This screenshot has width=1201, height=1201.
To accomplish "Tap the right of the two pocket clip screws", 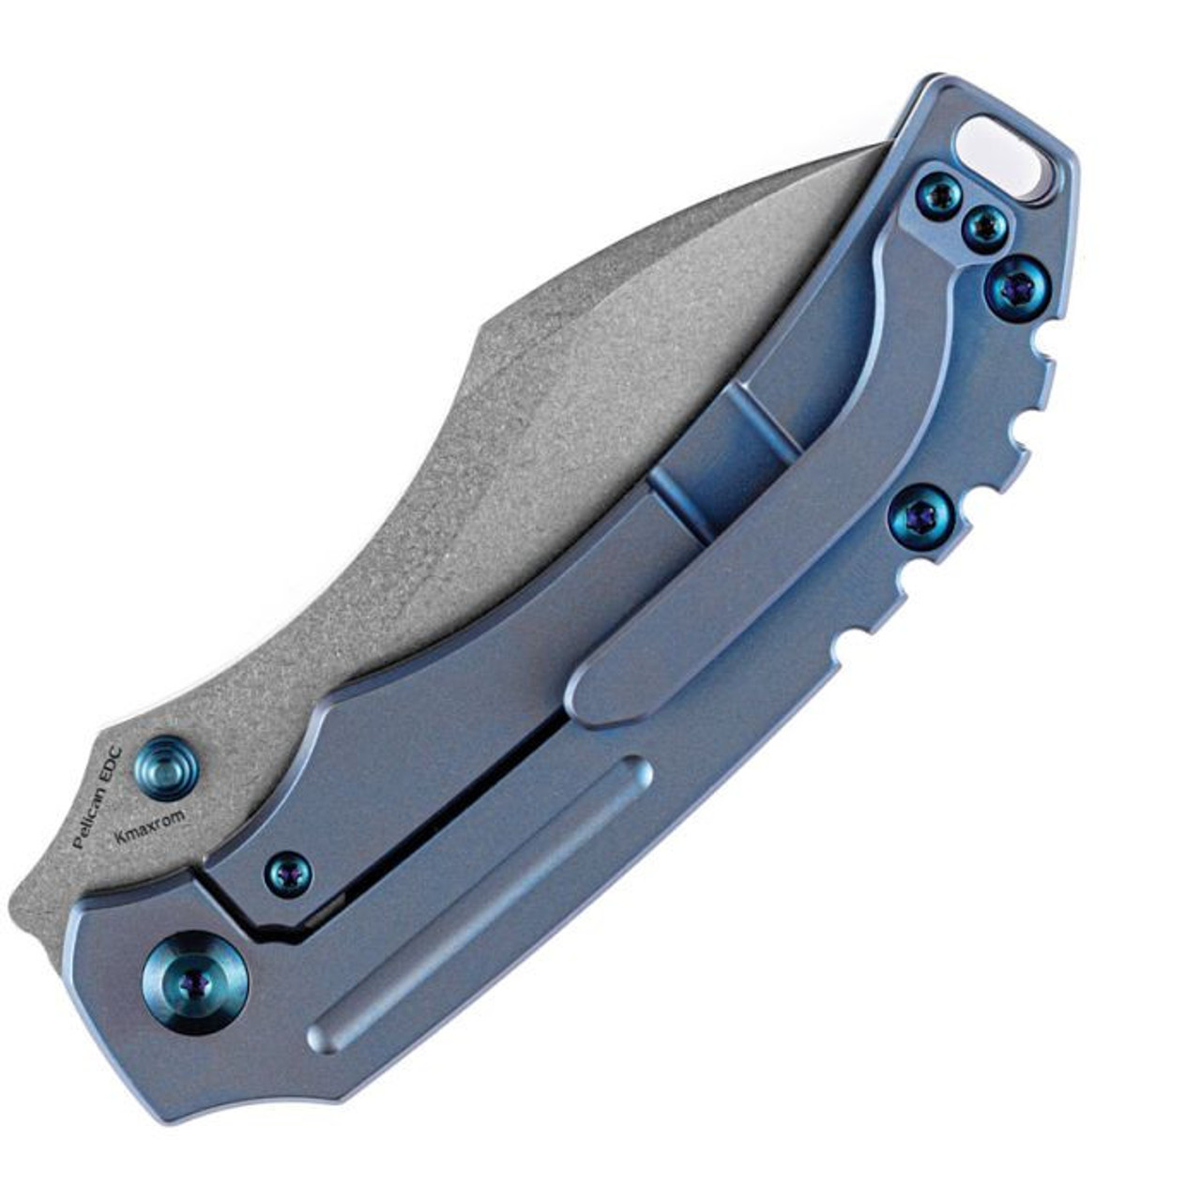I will click(986, 225).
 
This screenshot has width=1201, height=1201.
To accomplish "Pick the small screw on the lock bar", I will click(289, 872).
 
